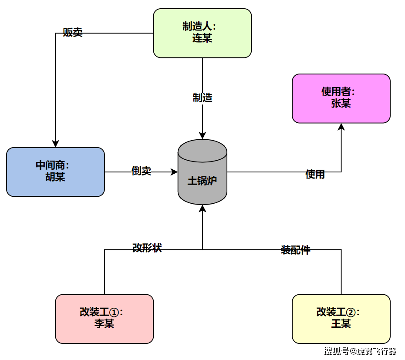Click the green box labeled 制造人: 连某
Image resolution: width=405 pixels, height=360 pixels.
(x=202, y=33)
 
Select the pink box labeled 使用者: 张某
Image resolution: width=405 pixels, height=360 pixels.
(x=341, y=98)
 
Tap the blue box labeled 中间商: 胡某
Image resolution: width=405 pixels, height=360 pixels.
(x=55, y=172)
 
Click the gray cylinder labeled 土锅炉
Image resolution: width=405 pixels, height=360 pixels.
(x=202, y=172)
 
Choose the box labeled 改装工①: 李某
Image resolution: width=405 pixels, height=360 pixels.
(x=105, y=319)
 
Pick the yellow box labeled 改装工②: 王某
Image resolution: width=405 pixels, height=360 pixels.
(x=341, y=319)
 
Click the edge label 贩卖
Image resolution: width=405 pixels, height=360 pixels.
(x=73, y=33)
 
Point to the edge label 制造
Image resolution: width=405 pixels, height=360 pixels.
(x=202, y=98)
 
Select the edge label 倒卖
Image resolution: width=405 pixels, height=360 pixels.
(x=141, y=171)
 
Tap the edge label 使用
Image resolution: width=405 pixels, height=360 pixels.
(x=315, y=175)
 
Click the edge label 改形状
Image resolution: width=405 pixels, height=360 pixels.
(x=147, y=248)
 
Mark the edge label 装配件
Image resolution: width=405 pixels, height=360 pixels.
(x=295, y=250)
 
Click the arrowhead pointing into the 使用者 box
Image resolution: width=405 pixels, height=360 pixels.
(x=341, y=127)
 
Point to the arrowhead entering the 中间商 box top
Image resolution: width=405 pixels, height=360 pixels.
(x=55, y=144)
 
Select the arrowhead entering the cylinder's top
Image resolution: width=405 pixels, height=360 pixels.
(x=202, y=136)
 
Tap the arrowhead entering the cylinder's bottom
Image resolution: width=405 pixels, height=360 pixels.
(x=202, y=209)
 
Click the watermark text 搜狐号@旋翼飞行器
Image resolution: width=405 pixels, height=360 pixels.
(x=360, y=351)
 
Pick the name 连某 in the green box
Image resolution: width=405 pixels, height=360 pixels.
(x=202, y=38)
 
